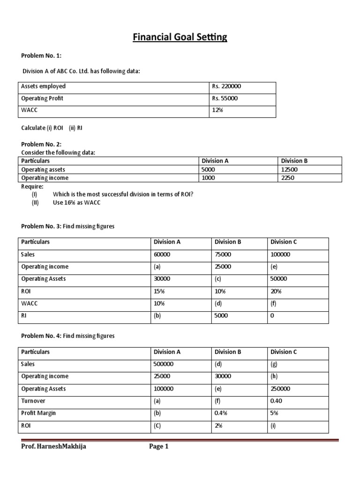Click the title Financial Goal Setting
click(180, 37)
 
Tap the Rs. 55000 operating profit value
click(225, 98)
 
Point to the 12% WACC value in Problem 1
click(216, 111)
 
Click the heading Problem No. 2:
click(41, 144)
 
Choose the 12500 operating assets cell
click(288, 169)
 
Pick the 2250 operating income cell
click(286, 178)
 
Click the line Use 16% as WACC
click(77, 202)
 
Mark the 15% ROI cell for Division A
click(158, 291)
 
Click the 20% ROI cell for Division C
click(276, 291)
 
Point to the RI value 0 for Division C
click(272, 315)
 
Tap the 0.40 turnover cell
click(276, 401)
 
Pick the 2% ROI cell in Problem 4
click(218, 425)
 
